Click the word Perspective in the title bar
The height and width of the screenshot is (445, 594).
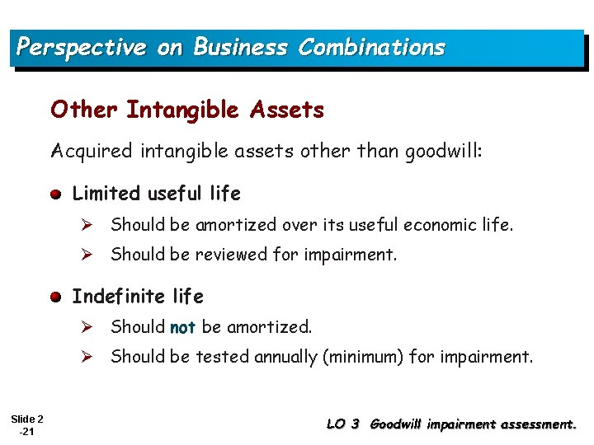coord(81,47)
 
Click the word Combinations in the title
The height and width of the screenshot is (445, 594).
coord(371,47)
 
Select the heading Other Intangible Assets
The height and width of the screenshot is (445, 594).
coord(187,109)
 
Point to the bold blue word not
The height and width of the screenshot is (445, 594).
coord(182,327)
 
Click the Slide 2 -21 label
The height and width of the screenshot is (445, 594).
coord(28,425)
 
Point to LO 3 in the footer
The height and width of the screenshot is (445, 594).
coord(343,424)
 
